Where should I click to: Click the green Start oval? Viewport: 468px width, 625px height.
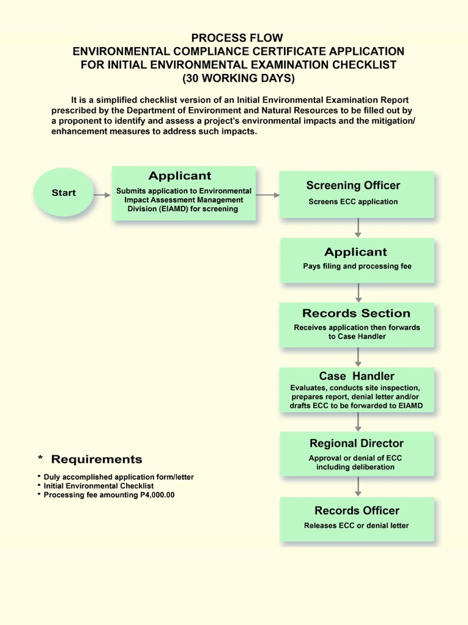coord(63,192)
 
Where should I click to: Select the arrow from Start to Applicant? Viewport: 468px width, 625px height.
coord(102,195)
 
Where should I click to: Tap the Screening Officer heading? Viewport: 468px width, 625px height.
coord(353,186)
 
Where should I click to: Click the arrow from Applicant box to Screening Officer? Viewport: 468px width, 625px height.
coord(268,195)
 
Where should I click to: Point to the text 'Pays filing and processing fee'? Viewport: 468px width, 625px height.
coord(357,266)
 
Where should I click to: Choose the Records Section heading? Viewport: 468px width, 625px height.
coord(356,313)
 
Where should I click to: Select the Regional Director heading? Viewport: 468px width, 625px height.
coord(356,443)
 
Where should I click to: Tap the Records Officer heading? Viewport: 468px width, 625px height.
coord(357,510)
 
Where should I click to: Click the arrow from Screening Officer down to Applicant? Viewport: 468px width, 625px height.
coord(358,228)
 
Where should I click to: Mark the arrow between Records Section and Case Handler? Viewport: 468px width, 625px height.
coord(358,357)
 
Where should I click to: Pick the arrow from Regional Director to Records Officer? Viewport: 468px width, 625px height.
coord(358,486)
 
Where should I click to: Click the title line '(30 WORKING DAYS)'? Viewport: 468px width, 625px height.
coord(238,78)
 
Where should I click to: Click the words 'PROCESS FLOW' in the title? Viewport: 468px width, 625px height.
coord(238,38)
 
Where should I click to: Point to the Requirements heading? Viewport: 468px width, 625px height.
coord(96,459)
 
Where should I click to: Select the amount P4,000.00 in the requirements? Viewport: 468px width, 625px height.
coord(153,495)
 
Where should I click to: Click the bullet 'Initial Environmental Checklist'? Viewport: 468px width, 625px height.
coord(99,486)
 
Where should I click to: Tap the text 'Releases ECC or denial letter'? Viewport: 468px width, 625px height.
coord(356,526)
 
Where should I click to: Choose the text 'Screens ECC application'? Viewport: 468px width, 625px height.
coord(353,201)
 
